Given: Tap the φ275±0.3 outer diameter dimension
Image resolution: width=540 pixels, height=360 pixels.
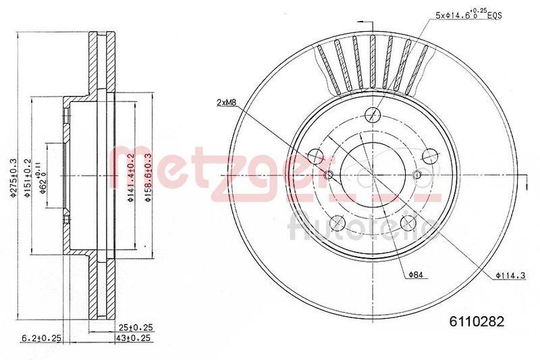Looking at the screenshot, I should click(13, 178).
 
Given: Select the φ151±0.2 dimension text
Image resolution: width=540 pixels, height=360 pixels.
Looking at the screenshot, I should click(28, 178).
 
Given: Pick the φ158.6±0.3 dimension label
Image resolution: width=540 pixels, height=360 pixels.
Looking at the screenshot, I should click(148, 178).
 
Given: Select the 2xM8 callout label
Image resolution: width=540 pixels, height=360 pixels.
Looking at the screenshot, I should click(227, 103).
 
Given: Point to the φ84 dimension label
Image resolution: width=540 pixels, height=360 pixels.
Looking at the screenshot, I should click(416, 274).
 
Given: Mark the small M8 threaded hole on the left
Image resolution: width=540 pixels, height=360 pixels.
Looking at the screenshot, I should click(329, 176).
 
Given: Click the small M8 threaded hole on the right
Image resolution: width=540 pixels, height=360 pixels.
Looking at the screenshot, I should click(416, 176).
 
